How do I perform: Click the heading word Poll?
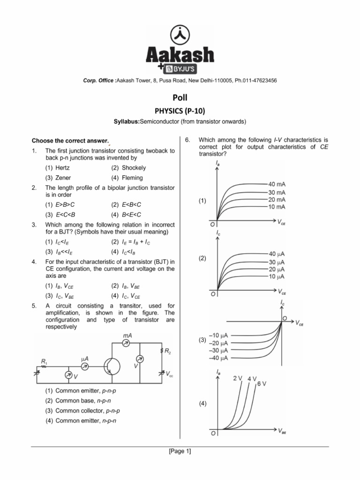point(180,98)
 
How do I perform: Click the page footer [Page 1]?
point(180,451)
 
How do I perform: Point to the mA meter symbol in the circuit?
point(126,344)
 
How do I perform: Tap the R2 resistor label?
point(167,351)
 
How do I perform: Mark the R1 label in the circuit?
point(44,361)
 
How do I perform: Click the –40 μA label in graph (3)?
point(218,358)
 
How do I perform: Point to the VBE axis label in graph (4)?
point(282,431)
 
